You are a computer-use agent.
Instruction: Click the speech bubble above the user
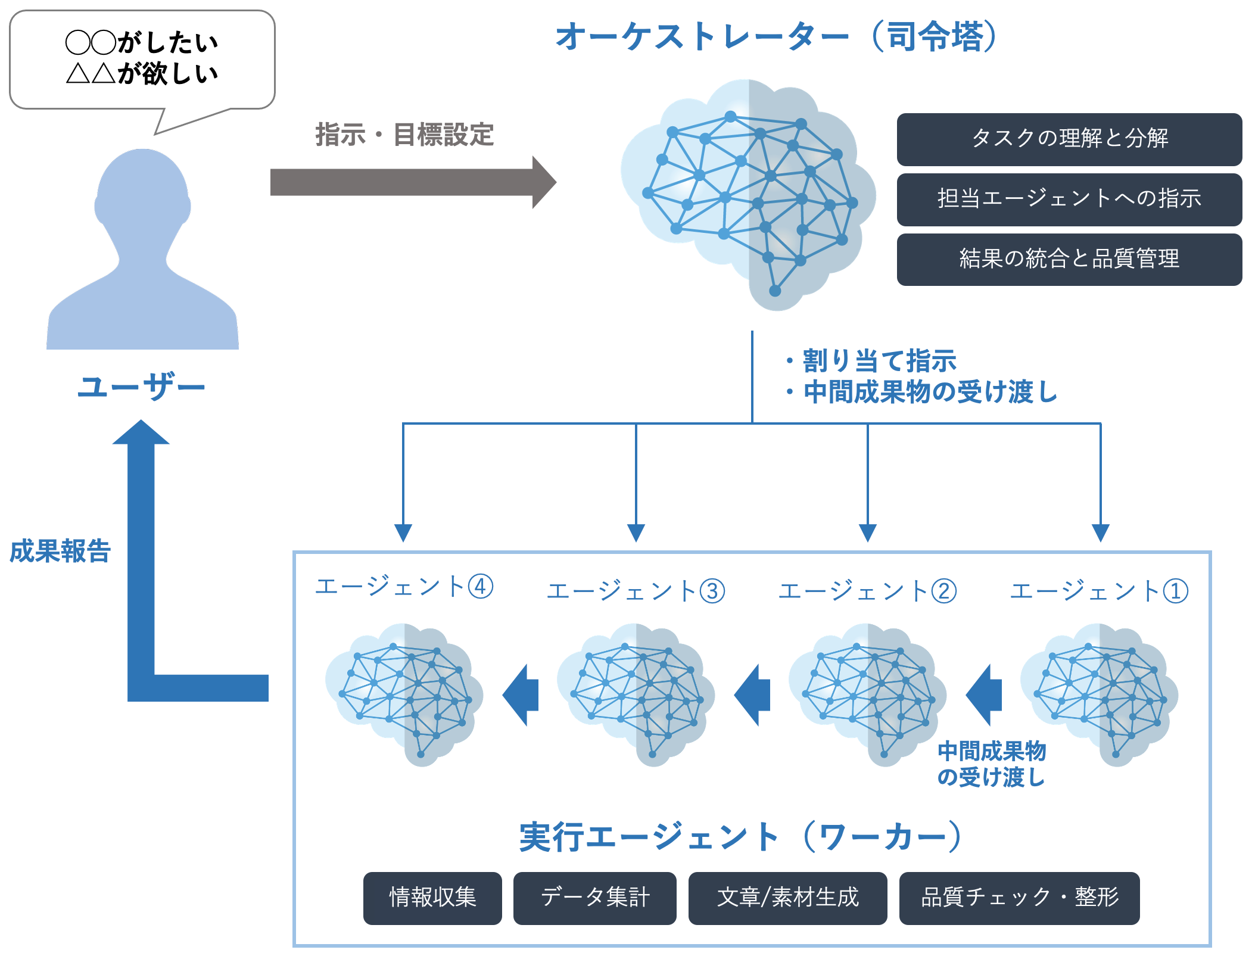(x=142, y=60)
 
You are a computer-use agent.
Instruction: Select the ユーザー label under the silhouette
(x=141, y=387)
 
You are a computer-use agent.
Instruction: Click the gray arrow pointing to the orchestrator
(x=411, y=182)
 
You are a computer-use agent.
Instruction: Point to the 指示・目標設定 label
(x=404, y=135)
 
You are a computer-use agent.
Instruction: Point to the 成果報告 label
(x=60, y=551)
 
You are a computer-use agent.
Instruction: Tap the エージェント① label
(x=1099, y=591)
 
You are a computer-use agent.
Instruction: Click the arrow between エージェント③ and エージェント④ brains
(x=522, y=695)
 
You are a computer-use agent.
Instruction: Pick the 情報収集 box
(x=432, y=898)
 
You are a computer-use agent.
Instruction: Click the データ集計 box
(x=594, y=898)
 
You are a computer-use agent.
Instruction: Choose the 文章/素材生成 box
(x=787, y=898)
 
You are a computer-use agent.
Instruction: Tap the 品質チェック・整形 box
(x=1019, y=898)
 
